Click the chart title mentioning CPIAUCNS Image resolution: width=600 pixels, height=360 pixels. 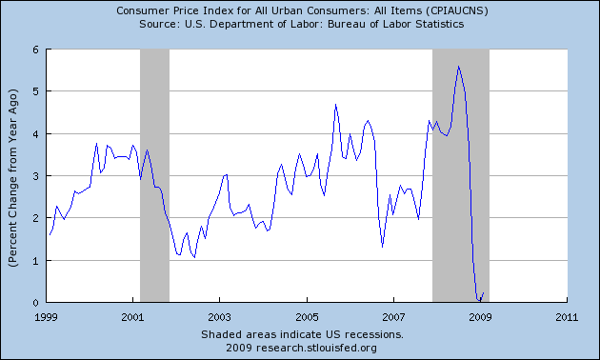click(299, 10)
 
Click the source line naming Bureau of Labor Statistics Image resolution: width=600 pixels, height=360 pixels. click(299, 24)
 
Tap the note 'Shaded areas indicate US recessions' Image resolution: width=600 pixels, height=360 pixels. click(303, 335)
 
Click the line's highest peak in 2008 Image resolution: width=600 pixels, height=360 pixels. click(459, 66)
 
